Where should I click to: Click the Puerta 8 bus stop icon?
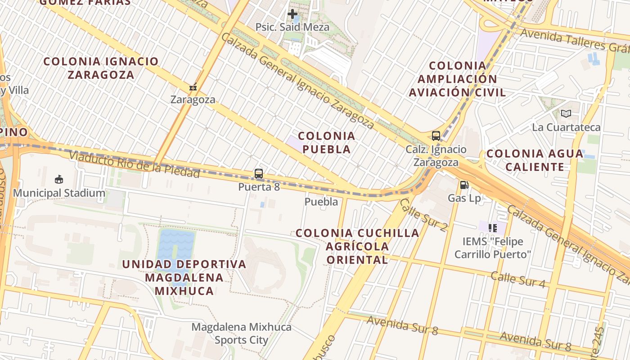click(259, 173)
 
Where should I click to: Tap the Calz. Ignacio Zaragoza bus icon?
click(436, 135)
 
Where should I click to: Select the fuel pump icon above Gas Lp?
click(464, 184)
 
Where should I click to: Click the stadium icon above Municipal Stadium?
click(58, 180)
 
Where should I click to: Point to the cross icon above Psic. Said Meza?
click(292, 14)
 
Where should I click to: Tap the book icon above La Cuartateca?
click(566, 113)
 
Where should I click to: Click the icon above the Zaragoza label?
click(193, 87)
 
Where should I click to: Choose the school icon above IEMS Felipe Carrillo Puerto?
click(492, 228)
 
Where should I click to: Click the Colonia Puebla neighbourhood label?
click(327, 142)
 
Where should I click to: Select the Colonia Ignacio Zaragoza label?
click(101, 68)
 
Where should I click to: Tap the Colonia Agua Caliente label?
click(535, 160)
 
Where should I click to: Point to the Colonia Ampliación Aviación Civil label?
click(457, 79)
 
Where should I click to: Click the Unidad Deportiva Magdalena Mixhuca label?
click(184, 277)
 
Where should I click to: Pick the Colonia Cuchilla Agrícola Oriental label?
click(357, 246)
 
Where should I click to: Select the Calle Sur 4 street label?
click(518, 279)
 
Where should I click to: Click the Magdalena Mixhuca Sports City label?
click(242, 333)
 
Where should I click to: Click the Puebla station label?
click(321, 202)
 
